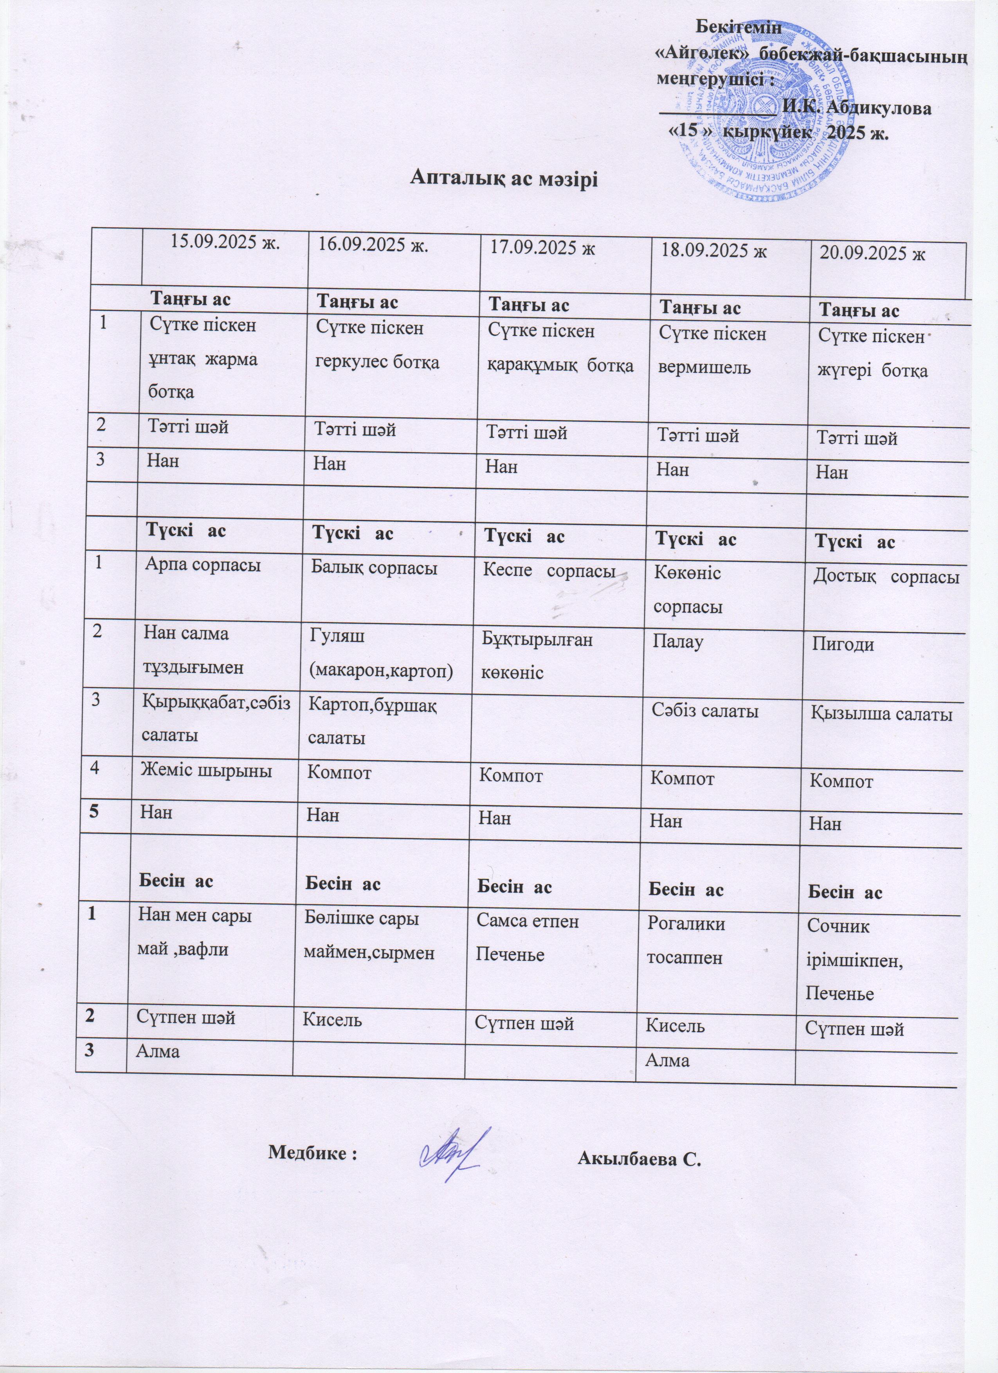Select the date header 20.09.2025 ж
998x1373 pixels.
click(x=873, y=253)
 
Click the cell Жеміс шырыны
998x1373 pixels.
click(x=206, y=771)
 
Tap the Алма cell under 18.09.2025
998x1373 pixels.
click(x=668, y=1060)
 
